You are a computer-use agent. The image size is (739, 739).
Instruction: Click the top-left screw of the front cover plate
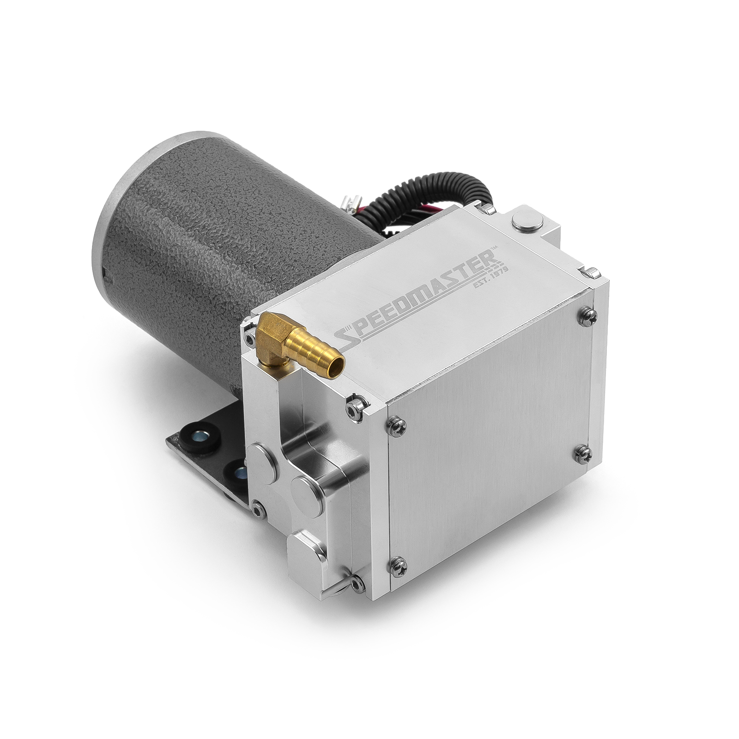click(x=397, y=422)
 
